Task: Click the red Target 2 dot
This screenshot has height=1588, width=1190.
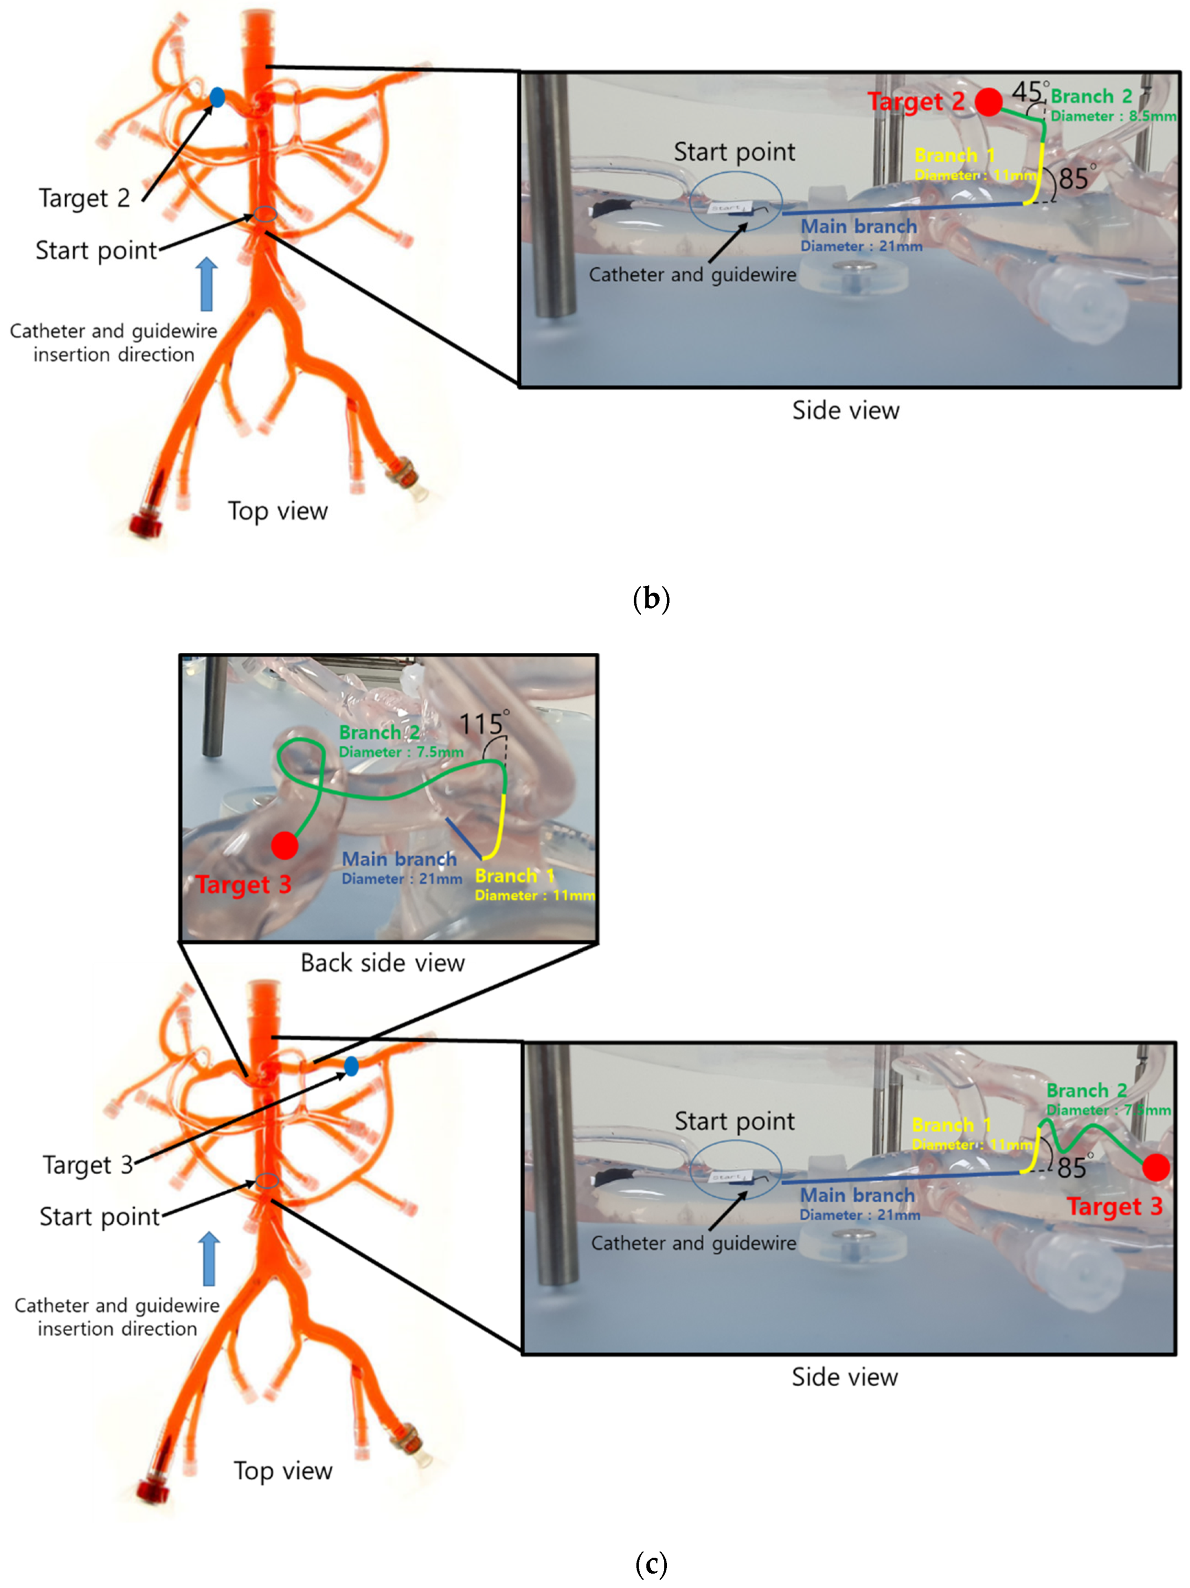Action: click(x=988, y=102)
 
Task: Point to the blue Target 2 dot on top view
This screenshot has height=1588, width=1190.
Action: click(x=217, y=97)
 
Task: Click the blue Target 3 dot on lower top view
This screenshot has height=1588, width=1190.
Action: click(x=351, y=1066)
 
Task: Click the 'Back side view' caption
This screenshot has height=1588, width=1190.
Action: click(x=382, y=963)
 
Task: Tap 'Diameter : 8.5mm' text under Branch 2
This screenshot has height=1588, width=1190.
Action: click(x=1112, y=116)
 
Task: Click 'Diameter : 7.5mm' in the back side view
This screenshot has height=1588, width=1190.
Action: click(x=401, y=752)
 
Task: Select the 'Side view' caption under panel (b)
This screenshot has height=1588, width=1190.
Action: click(x=845, y=411)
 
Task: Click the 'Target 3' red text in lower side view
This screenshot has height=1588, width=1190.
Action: click(x=1113, y=1206)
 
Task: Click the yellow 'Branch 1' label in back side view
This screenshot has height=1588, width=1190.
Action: click(x=514, y=876)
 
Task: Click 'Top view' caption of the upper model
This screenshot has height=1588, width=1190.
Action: click(x=277, y=511)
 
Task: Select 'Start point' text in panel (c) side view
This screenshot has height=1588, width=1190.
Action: click(x=734, y=1120)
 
